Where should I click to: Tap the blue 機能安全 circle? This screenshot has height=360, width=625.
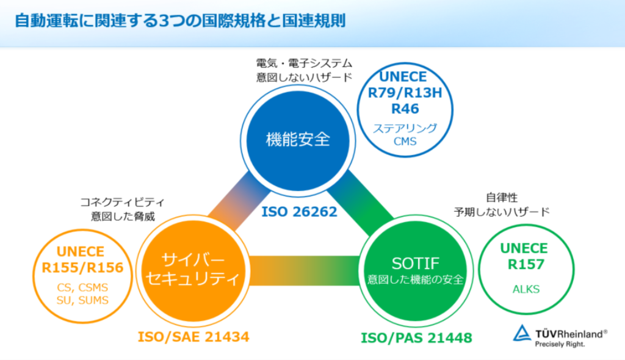[x=298, y=139]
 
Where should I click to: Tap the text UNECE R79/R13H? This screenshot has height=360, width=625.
[x=405, y=86]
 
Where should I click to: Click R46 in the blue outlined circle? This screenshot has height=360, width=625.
[x=405, y=109]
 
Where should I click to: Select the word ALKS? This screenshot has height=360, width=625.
[x=524, y=289]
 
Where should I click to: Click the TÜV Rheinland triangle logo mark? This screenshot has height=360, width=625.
[x=523, y=334]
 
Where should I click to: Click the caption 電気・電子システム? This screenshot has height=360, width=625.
[x=304, y=63]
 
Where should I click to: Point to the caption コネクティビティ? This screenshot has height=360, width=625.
[x=122, y=202]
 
